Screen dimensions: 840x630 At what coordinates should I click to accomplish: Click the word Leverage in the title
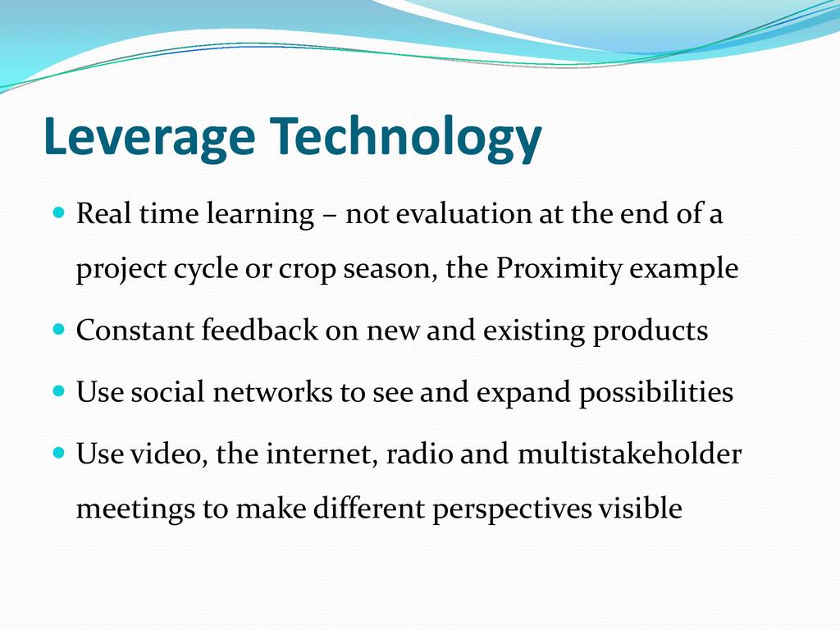(x=149, y=137)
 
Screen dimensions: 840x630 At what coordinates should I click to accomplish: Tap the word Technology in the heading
(x=405, y=138)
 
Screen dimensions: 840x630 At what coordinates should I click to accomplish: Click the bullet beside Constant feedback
(x=59, y=328)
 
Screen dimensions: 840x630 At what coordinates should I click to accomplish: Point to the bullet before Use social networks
(x=59, y=390)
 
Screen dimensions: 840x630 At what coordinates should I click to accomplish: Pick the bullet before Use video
(x=59, y=453)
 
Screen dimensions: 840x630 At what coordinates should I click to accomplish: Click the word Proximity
(x=558, y=269)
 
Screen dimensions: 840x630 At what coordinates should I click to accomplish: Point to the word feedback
(x=260, y=330)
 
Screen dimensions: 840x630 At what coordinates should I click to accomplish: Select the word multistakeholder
(x=629, y=453)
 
